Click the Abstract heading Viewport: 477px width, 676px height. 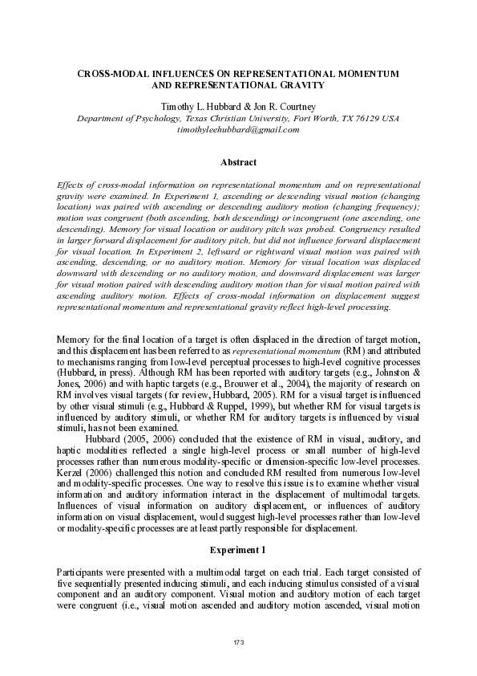(238, 162)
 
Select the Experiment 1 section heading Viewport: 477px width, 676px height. (238, 550)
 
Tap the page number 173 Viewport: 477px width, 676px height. (238, 642)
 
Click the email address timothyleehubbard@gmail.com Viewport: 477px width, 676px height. (237, 129)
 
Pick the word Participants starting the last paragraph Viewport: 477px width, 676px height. (82, 571)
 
